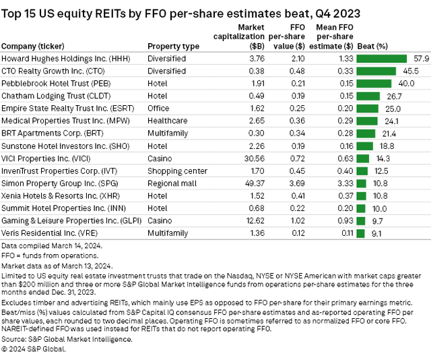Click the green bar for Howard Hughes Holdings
point(381,59)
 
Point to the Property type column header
point(173,46)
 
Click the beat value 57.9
point(422,59)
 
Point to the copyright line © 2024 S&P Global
point(31,348)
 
